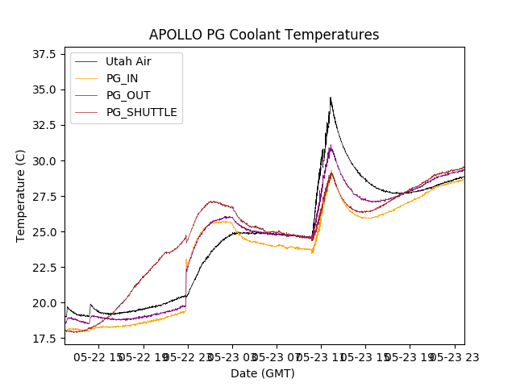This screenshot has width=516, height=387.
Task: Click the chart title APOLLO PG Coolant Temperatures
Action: tap(264, 35)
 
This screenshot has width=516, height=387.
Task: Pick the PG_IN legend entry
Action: tap(122, 78)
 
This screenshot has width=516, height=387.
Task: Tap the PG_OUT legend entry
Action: tap(127, 95)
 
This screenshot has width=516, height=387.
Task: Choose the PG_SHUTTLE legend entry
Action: tap(141, 112)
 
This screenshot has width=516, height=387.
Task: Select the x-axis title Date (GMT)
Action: tap(263, 373)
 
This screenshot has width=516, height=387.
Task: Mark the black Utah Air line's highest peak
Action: tap(330, 98)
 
